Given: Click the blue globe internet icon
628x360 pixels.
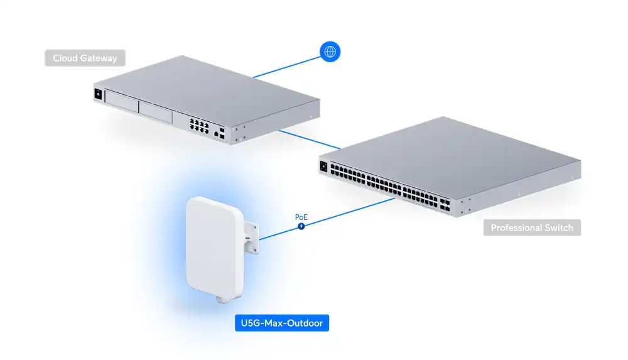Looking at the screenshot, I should (330, 52).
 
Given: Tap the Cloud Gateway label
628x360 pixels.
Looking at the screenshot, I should (85, 58).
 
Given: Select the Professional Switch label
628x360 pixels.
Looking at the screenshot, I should (532, 227).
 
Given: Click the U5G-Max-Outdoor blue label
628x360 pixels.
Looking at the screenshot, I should (281, 324).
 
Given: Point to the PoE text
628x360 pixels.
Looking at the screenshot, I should (301, 217).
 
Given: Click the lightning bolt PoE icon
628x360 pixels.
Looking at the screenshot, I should (301, 226).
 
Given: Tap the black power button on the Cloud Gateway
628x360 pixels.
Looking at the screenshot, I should (97, 95).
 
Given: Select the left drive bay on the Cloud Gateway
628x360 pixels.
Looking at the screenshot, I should (121, 102).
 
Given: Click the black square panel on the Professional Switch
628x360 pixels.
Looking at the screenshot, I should (325, 166).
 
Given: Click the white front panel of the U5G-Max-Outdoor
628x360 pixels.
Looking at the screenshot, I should (210, 248).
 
